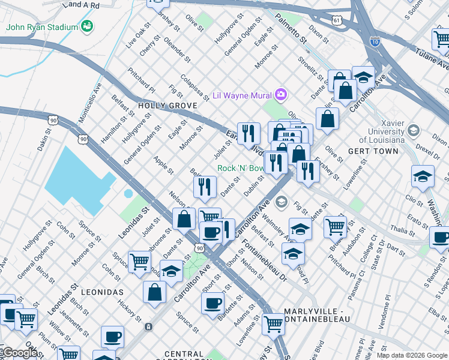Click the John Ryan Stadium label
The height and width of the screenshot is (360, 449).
[x=42, y=27]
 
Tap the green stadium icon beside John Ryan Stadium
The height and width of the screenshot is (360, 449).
[x=88, y=26]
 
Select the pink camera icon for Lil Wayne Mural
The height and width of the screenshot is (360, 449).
[x=280, y=94]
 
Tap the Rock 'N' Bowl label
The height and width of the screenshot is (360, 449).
[x=240, y=169]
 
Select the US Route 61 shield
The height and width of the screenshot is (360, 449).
[x=337, y=20]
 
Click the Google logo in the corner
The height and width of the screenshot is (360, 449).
[x=20, y=353]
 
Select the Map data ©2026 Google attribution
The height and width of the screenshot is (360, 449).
[x=412, y=355]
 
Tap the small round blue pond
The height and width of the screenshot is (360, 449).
[x=128, y=194]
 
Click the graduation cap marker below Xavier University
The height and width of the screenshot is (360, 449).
[x=423, y=176]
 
